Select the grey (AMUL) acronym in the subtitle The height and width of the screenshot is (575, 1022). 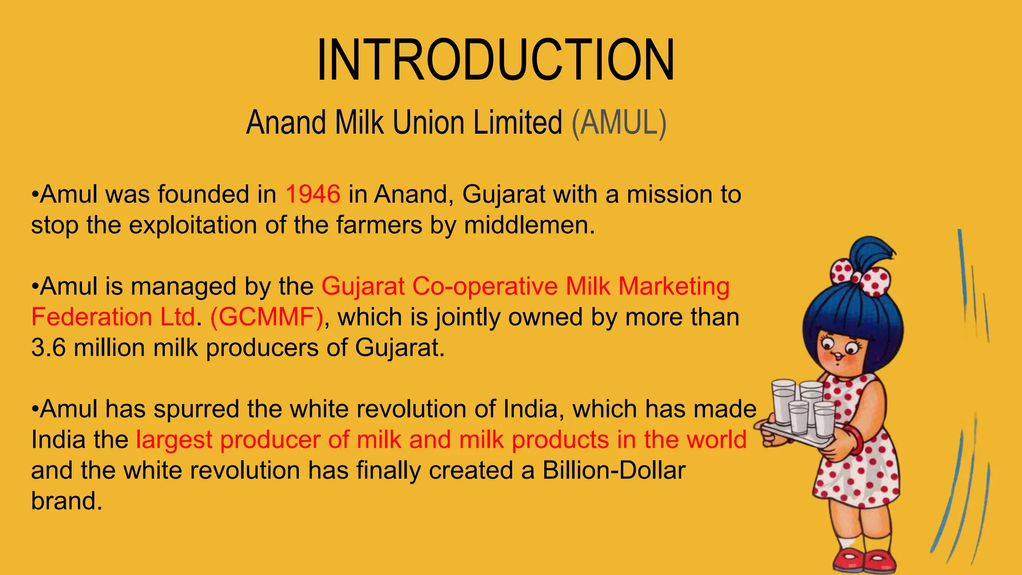click(x=619, y=123)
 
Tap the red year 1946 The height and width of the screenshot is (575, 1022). click(x=313, y=194)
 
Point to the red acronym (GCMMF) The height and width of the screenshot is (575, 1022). click(x=267, y=317)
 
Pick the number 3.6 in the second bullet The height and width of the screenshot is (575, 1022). click(x=48, y=348)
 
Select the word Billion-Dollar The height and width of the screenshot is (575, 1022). click(x=614, y=470)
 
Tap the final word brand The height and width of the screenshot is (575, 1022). click(x=66, y=501)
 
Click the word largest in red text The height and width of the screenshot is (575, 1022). click(x=174, y=440)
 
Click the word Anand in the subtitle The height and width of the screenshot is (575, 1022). click(x=286, y=123)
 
